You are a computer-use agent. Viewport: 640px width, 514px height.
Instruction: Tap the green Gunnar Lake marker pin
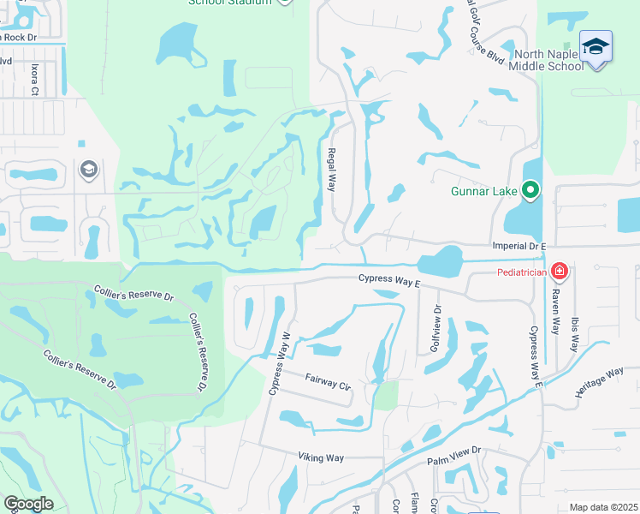[530, 190]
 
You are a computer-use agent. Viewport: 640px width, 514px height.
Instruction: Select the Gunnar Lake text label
[485, 191]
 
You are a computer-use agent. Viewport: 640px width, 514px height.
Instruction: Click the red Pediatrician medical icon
[560, 272]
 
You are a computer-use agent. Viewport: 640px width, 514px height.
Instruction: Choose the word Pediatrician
[524, 273]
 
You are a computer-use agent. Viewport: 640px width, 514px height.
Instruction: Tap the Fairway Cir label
[329, 381]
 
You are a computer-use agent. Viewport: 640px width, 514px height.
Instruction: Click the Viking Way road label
[321, 457]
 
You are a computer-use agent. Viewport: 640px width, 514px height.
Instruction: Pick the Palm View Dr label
[454, 455]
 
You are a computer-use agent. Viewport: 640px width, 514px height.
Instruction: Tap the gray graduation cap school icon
[88, 170]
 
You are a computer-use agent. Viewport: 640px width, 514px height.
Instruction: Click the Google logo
[28, 505]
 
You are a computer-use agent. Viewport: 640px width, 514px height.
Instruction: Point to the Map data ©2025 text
[602, 507]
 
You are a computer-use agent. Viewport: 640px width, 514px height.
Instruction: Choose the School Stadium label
[230, 3]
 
